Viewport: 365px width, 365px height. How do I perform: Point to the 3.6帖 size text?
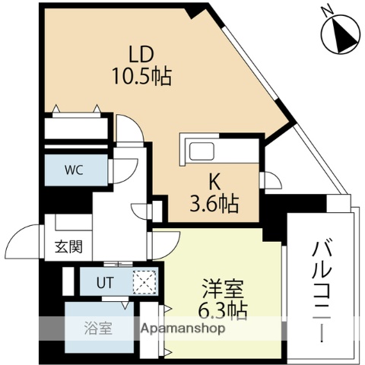(x=214, y=204)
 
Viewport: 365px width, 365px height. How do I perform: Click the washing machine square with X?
(x=144, y=281)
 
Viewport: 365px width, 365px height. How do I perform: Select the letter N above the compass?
(x=325, y=10)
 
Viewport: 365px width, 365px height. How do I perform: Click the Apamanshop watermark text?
(x=182, y=329)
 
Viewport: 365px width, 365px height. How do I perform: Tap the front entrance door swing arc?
(x=23, y=243)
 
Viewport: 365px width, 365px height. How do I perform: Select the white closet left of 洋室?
(x=151, y=328)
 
